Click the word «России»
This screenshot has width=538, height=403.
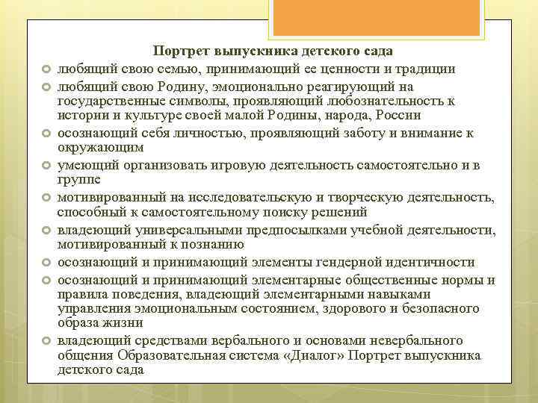pos(399,116)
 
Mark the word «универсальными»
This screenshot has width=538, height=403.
pos(186,231)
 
